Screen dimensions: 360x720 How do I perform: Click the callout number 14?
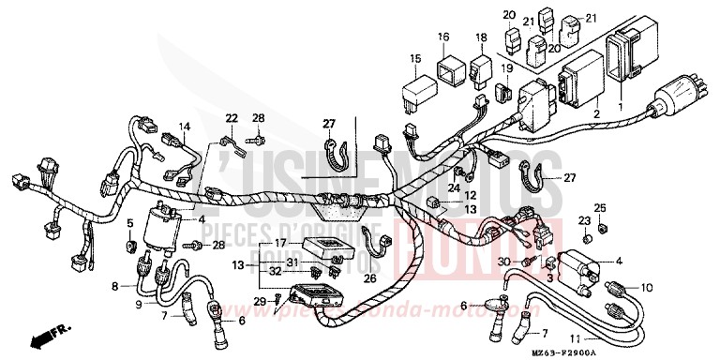185,127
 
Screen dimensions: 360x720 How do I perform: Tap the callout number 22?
232,117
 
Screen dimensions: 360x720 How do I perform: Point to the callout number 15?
413,59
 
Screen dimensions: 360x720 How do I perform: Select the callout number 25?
599,206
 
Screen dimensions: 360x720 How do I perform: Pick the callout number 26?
369,277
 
